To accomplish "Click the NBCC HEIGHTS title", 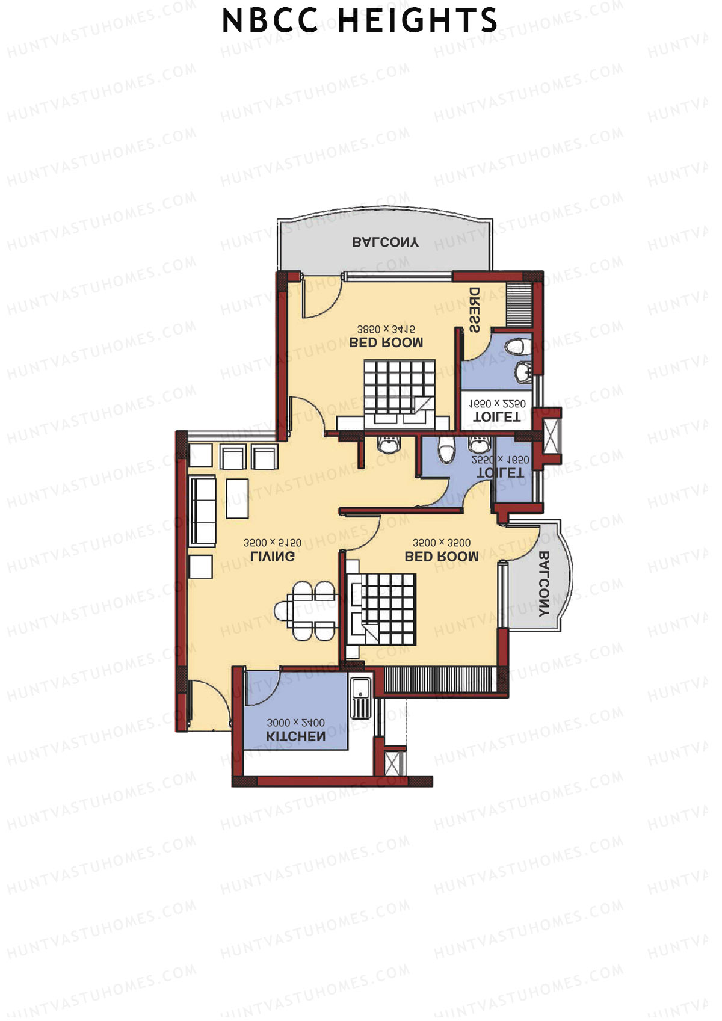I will [x=360, y=22].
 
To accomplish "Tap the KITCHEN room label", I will [x=295, y=736].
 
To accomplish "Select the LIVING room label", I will [x=273, y=557].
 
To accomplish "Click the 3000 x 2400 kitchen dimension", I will [x=295, y=723].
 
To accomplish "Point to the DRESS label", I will [x=475, y=310].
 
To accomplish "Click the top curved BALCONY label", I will [x=385, y=242].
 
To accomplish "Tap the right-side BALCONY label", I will [x=543, y=584].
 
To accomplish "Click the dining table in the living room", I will [x=306, y=611].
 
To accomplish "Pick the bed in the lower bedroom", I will [x=383, y=609].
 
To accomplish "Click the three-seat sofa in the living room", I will [x=203, y=510].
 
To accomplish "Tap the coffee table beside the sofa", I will [x=237, y=498].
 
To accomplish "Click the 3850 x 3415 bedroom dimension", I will [x=386, y=329].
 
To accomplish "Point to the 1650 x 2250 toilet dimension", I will [x=497, y=404].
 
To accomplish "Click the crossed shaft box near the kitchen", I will [x=395, y=763].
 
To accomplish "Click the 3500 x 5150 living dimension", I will [x=273, y=543].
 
